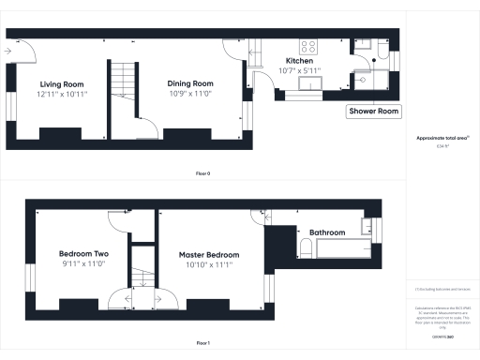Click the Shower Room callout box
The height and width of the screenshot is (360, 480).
pyautogui.click(x=374, y=111)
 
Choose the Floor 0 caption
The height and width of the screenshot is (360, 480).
pyautogui.click(x=202, y=173)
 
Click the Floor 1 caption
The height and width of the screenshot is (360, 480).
pyautogui.click(x=202, y=344)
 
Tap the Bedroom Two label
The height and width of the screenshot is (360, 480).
pyautogui.click(x=84, y=254)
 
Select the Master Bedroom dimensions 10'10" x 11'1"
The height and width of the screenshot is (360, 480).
pyautogui.click(x=205, y=265)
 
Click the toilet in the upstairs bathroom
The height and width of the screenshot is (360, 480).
pyautogui.click(x=306, y=247)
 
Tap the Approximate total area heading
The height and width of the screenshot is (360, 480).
pyautogui.click(x=443, y=138)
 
